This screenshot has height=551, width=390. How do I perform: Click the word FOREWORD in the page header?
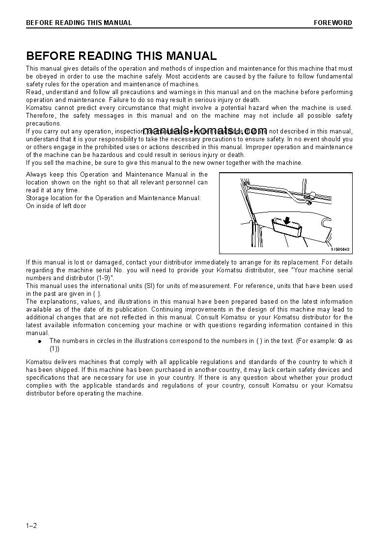[333, 23]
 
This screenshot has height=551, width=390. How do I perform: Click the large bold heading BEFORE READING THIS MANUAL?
[121, 56]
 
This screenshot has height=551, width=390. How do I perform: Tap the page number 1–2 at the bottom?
[31, 526]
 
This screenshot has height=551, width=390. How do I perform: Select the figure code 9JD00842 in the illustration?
[339, 249]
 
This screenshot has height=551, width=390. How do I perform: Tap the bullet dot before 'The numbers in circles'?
[40, 341]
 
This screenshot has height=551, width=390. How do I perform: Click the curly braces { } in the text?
[97, 294]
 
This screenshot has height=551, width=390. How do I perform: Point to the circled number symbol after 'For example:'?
[340, 341]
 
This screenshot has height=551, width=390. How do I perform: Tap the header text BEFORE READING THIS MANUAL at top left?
[79, 23]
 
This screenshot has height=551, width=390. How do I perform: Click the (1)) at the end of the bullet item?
[55, 349]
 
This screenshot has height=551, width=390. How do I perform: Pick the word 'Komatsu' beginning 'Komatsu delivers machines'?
[38, 362]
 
